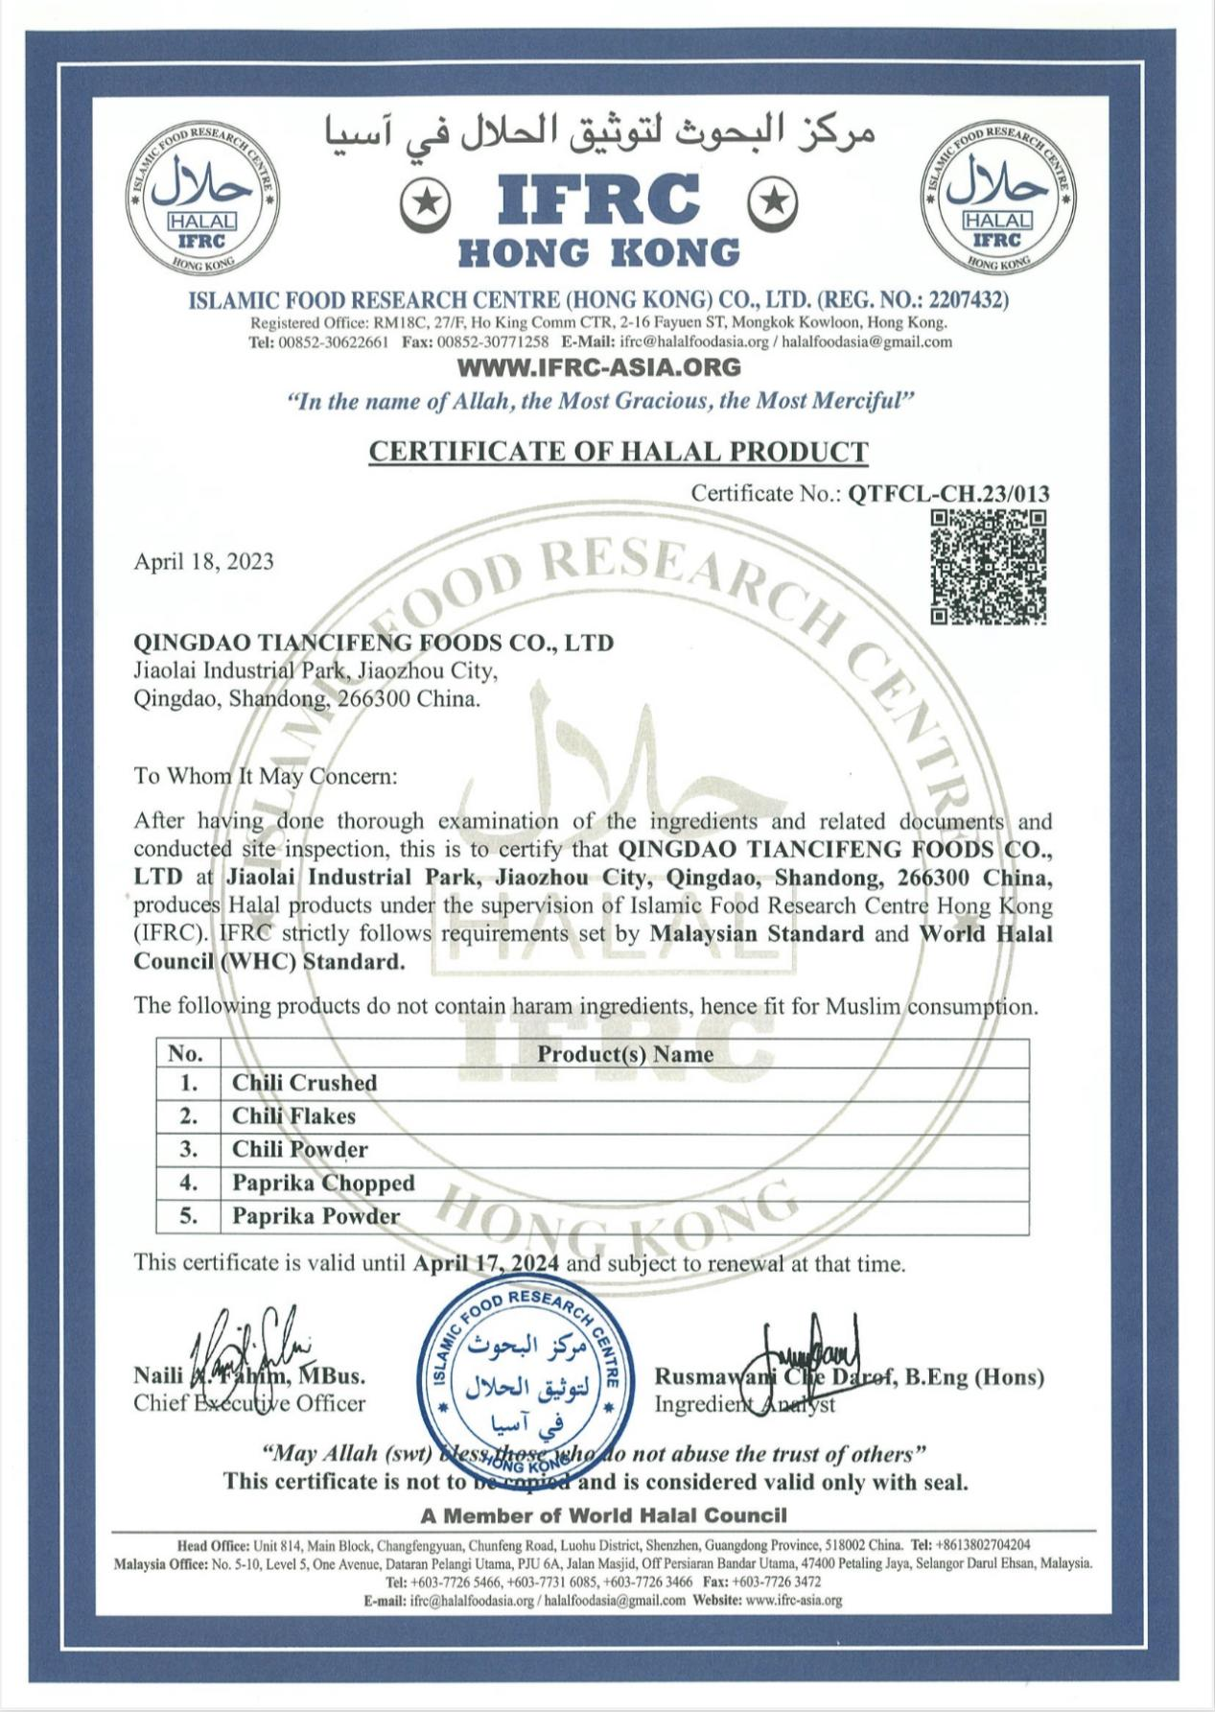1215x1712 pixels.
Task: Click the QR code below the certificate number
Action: click(988, 567)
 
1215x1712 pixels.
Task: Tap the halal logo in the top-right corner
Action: click(997, 199)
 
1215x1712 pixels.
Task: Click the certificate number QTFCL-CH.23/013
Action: click(948, 494)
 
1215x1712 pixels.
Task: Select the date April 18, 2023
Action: click(203, 561)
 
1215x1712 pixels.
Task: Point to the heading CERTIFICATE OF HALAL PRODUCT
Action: click(619, 451)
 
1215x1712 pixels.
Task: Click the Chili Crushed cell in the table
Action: click(304, 1083)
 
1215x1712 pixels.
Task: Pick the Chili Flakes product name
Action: click(293, 1116)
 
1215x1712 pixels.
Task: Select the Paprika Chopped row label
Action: click(323, 1183)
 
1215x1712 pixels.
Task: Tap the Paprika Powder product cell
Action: click(315, 1216)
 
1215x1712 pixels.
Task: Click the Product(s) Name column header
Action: click(624, 1054)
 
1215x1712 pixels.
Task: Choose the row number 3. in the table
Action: click(189, 1149)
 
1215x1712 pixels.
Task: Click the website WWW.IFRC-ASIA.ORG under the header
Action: click(599, 366)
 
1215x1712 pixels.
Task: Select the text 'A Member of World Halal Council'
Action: click(603, 1514)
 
